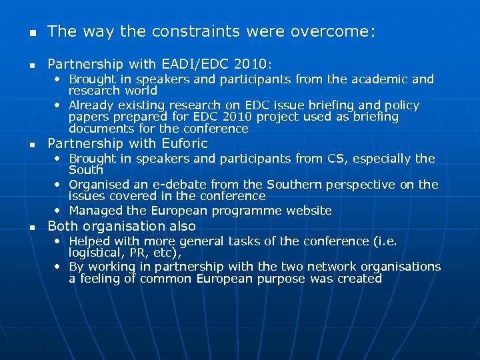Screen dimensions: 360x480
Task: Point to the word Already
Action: click(91, 105)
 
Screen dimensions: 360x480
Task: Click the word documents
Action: click(97, 129)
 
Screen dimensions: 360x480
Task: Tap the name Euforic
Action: click(185, 144)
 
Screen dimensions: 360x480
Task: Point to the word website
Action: click(309, 211)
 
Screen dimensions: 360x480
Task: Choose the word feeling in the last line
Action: click(100, 279)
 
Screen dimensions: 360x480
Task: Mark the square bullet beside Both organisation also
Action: click(23, 227)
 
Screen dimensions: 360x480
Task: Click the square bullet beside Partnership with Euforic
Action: click(23, 145)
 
